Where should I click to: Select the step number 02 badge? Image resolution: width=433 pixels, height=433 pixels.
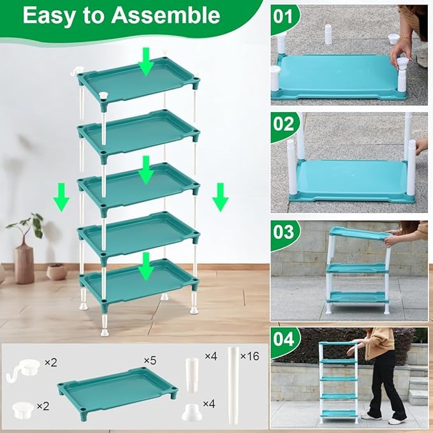pos(283,124)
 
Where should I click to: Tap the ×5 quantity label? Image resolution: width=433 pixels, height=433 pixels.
pos(150,361)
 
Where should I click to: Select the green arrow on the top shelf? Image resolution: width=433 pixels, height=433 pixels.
pos(147,63)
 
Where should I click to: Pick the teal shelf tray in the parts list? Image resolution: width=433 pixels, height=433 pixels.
pos(117,389)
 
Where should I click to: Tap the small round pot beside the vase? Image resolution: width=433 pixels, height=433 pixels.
pos(57,271)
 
